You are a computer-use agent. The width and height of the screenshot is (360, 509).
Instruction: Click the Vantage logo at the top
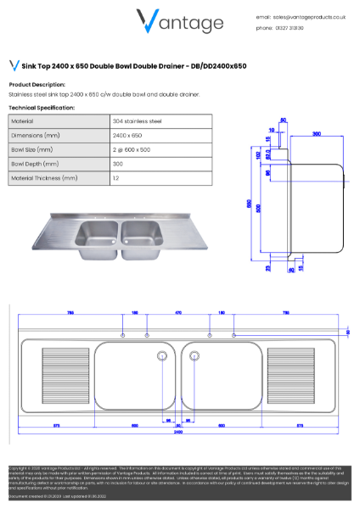(180, 23)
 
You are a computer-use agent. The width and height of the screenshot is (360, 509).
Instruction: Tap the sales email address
(305, 16)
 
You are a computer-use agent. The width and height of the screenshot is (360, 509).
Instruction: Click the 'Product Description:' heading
(37, 85)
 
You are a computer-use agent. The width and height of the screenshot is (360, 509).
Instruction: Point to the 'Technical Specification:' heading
(42, 109)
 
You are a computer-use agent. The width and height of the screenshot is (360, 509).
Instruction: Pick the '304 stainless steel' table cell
(137, 121)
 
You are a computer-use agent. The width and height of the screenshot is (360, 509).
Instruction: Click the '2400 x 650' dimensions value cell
(127, 136)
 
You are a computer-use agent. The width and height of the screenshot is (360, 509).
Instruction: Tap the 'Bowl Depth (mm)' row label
(35, 165)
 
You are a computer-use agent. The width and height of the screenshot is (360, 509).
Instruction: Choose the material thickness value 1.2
(115, 179)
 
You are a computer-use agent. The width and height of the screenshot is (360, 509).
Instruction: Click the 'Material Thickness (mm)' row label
(45, 179)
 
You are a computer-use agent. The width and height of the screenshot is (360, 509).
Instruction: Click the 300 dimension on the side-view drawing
(317, 134)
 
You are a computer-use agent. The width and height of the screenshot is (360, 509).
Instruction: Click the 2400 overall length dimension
(178, 432)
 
